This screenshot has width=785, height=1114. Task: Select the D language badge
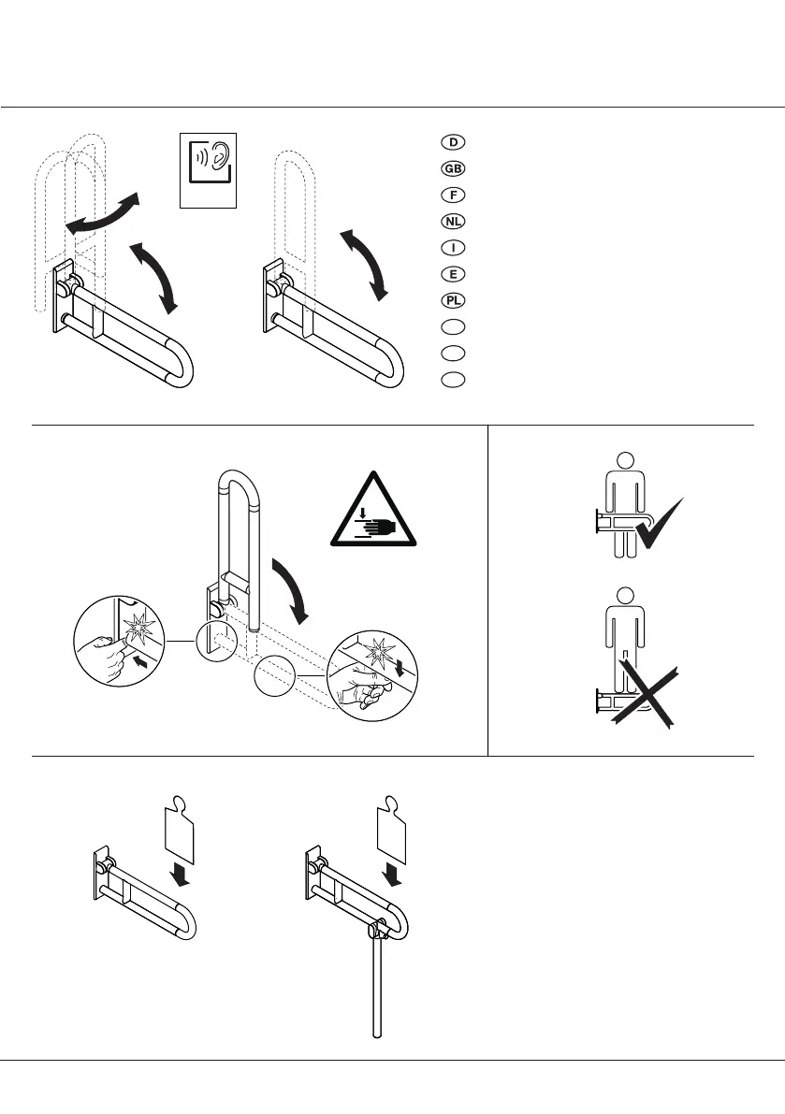pos(453,142)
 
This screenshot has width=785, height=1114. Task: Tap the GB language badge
pos(453,169)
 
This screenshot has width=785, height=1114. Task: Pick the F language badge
pos(453,195)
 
